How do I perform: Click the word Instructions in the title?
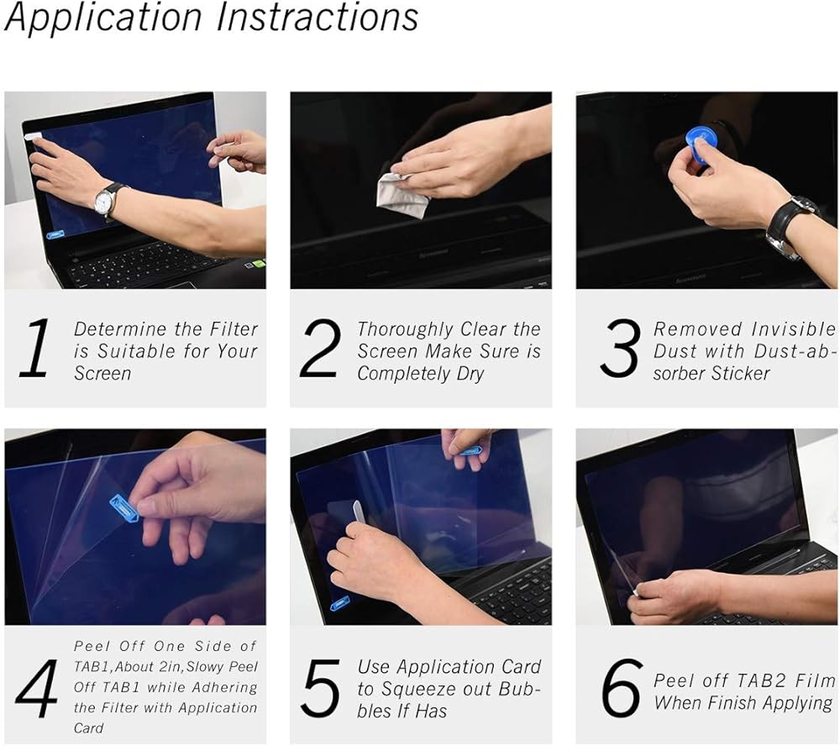coord(318,16)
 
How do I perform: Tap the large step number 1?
coord(34,349)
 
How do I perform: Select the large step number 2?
coord(320,349)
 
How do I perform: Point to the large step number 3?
coord(621,349)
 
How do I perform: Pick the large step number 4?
coord(37,689)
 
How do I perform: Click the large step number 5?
coord(321,689)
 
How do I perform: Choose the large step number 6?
coord(622,689)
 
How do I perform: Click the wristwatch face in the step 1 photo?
coord(104,202)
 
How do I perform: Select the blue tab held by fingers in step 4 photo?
coord(124,507)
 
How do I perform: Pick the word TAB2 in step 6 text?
coord(763,680)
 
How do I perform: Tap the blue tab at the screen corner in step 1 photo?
coord(55,234)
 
